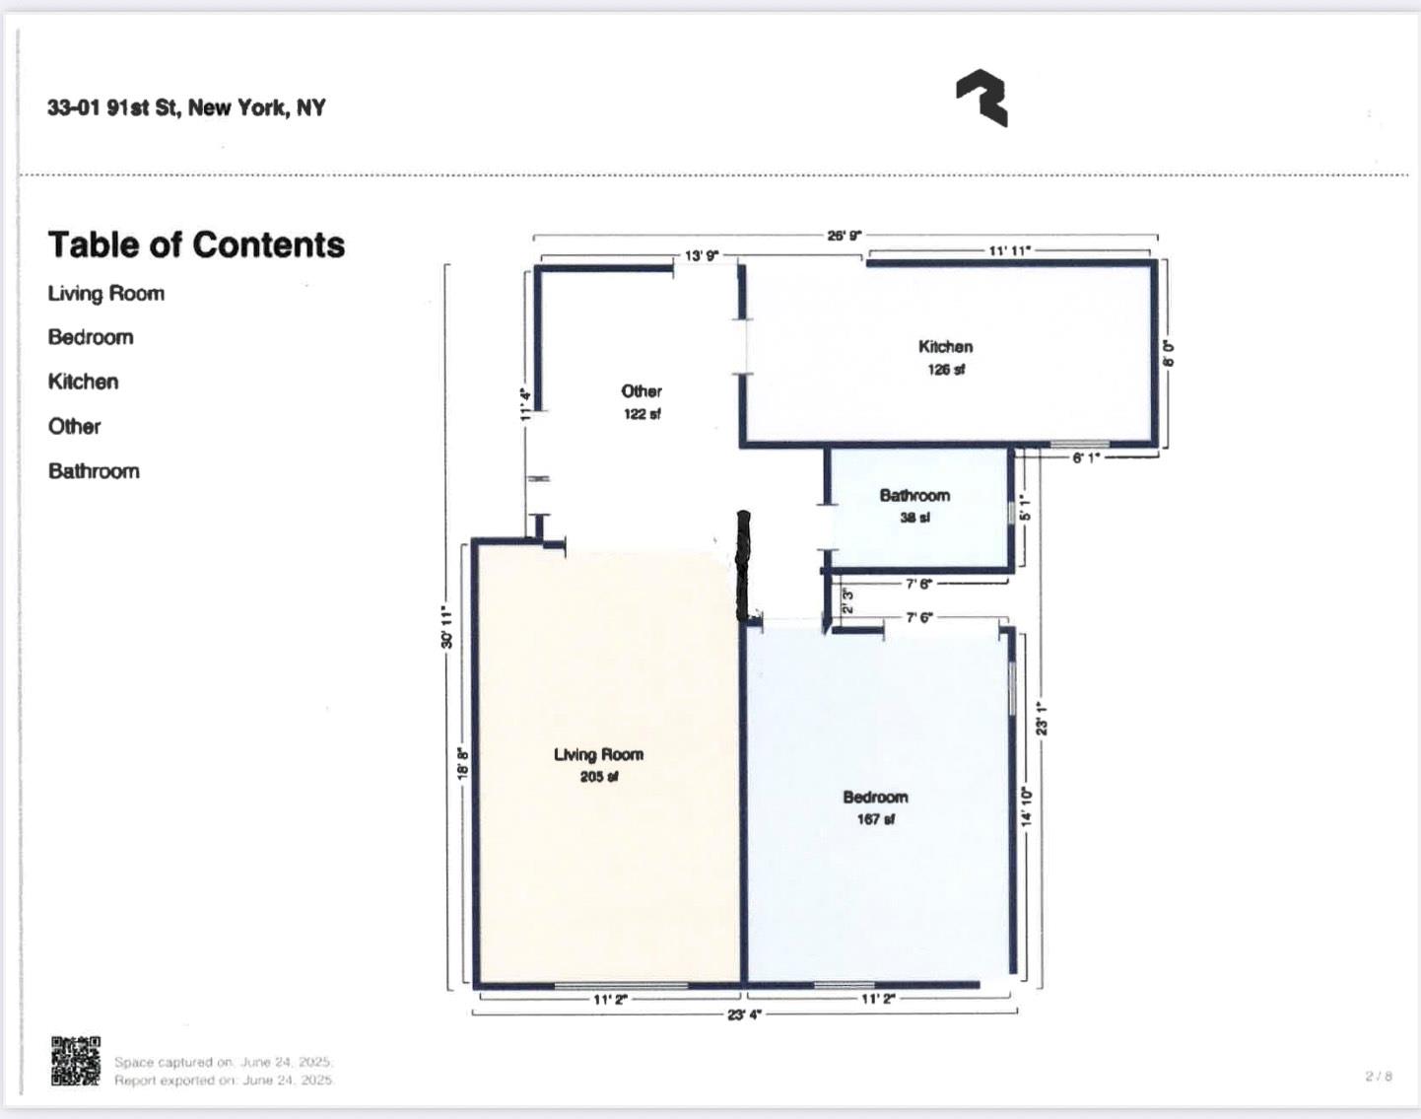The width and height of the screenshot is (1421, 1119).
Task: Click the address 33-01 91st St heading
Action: click(x=186, y=107)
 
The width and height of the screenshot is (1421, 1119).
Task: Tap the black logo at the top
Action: click(x=981, y=98)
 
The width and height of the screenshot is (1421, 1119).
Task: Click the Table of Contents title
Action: click(x=196, y=245)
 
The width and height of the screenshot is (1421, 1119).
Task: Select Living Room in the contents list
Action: click(x=106, y=294)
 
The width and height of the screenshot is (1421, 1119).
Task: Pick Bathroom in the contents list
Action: click(x=94, y=471)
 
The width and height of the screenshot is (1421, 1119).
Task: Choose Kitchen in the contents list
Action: click(x=83, y=382)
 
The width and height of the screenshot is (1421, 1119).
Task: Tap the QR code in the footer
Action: click(x=76, y=1061)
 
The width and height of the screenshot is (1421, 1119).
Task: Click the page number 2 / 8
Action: click(x=1379, y=1076)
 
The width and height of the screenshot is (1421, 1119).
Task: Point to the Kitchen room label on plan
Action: click(x=945, y=347)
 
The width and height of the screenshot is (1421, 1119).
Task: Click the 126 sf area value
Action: click(x=945, y=370)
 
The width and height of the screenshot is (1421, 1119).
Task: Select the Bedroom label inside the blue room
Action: click(x=875, y=797)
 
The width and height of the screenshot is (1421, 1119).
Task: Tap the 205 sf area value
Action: click(x=598, y=777)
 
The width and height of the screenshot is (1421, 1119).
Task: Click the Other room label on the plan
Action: click(x=641, y=391)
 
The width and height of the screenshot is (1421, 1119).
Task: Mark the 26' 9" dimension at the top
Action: click(x=844, y=235)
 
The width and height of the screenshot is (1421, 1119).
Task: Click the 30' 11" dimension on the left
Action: click(x=446, y=627)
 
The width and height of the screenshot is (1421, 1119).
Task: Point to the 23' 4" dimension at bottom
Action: click(x=744, y=1014)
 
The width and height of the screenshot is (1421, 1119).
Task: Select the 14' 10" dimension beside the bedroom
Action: click(x=1026, y=806)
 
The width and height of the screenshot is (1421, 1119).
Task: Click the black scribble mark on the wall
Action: click(x=745, y=565)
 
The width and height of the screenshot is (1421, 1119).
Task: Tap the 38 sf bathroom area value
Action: click(x=914, y=518)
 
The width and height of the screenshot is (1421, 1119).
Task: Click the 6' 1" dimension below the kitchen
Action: click(x=1086, y=457)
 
